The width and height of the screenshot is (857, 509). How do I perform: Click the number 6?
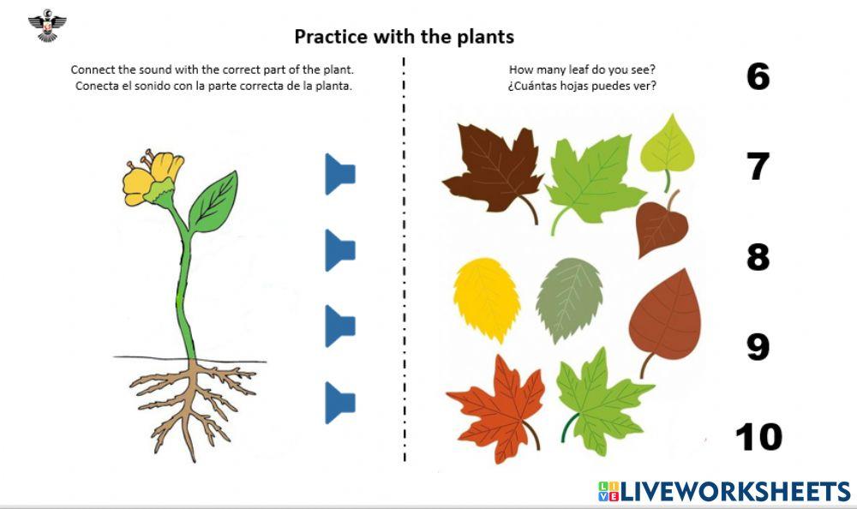click(x=758, y=76)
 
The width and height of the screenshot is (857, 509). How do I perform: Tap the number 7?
click(x=758, y=166)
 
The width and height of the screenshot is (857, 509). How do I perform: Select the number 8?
click(x=758, y=256)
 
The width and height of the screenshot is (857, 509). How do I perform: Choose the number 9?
click(x=758, y=347)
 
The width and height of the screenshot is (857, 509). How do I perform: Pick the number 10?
click(x=758, y=437)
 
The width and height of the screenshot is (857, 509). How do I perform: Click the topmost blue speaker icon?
click(x=339, y=174)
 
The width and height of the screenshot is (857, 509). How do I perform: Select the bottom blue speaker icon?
click(x=339, y=403)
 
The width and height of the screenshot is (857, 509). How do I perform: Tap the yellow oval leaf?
click(x=487, y=299)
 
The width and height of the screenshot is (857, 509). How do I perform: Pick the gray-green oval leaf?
click(x=570, y=299)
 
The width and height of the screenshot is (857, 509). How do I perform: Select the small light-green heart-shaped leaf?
click(x=668, y=150)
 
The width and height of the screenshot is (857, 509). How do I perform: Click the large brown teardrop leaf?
click(x=665, y=320)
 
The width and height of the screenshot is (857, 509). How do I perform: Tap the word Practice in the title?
click(x=331, y=37)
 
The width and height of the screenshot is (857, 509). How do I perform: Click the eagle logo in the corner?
click(x=47, y=25)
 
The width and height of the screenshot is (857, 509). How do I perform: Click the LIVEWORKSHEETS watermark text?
click(x=725, y=492)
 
